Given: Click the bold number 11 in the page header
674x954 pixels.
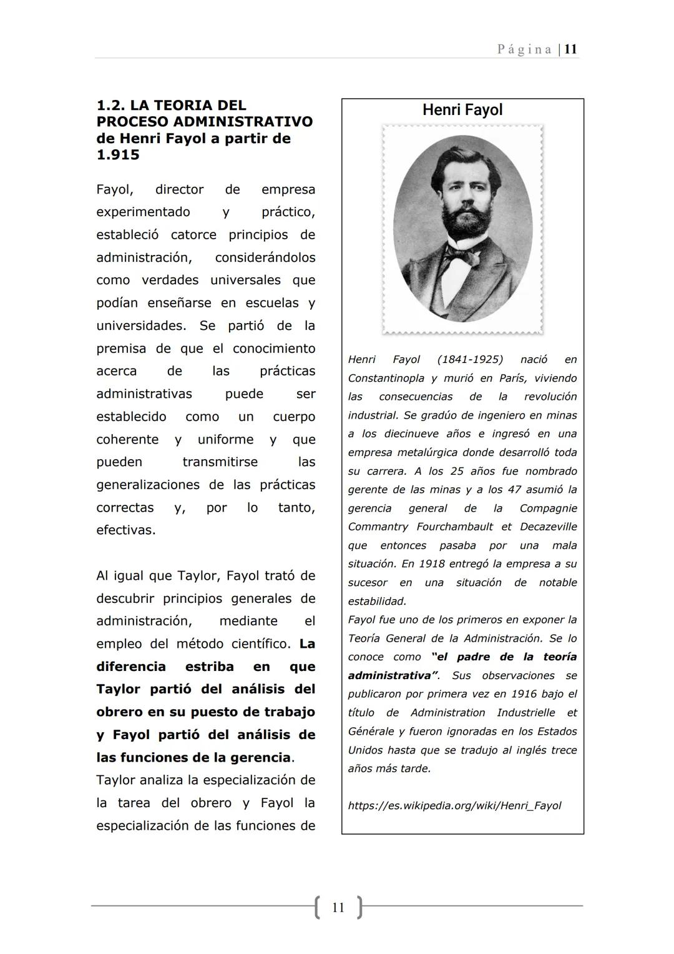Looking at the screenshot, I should [570, 49].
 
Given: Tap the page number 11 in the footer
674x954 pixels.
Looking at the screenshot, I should [338, 907].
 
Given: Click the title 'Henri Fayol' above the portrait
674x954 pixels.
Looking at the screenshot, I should [462, 110].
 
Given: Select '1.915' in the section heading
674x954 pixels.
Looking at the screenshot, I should [118, 155].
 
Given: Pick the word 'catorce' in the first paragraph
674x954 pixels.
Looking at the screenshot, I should [193, 235].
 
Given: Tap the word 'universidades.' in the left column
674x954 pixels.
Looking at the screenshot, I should [141, 325].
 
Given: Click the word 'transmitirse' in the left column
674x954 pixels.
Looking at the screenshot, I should [220, 462].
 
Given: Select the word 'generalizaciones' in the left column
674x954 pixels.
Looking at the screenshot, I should [148, 485].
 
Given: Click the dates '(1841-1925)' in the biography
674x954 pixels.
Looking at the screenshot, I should [470, 359].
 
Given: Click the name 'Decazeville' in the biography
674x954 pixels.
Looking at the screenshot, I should [548, 527].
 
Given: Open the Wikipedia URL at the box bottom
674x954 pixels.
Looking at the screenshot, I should [454, 805].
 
